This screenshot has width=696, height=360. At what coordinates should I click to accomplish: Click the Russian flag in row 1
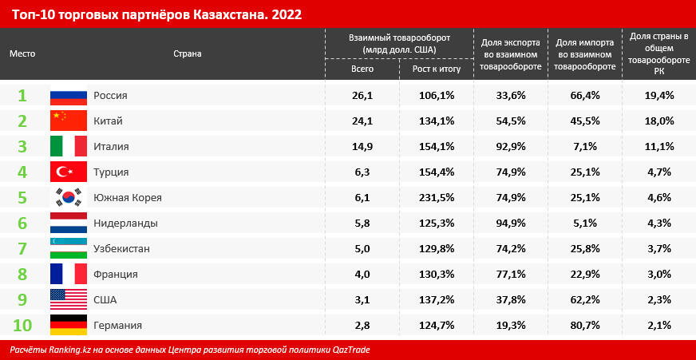pyautogui.click(x=68, y=96)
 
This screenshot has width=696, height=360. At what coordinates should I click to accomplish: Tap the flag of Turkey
pyautogui.click(x=68, y=172)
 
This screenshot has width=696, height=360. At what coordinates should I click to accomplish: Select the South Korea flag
pyautogui.click(x=68, y=198)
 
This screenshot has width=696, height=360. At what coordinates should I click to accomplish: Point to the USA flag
pyautogui.click(x=68, y=300)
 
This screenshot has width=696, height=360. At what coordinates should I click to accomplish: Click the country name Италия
pyautogui.click(x=111, y=147)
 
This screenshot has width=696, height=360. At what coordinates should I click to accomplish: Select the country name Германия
pyautogui.click(x=118, y=326)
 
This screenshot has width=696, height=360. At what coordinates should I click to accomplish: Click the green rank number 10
pyautogui.click(x=22, y=326)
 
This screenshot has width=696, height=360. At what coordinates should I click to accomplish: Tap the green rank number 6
pyautogui.click(x=22, y=224)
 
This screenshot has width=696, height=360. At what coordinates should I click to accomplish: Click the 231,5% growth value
pyautogui.click(x=433, y=198)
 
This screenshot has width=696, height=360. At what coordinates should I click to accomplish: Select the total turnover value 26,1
pyautogui.click(x=362, y=96)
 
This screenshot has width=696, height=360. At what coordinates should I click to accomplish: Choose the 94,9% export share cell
pyautogui.click(x=511, y=224)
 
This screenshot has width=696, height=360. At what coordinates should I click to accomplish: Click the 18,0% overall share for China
pyautogui.click(x=659, y=121)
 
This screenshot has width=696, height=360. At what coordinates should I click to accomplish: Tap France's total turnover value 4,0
pyautogui.click(x=362, y=275)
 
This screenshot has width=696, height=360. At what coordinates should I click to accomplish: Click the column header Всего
pyautogui.click(x=362, y=69)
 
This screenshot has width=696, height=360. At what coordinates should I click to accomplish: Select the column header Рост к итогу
pyautogui.click(x=434, y=69)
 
